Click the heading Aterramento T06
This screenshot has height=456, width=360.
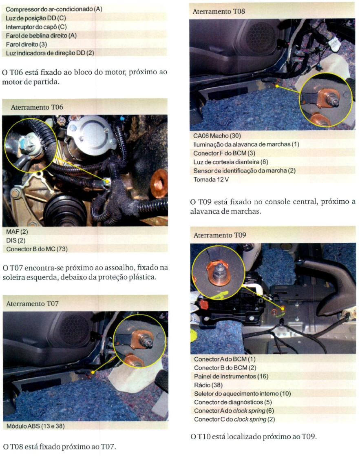coord(37,107)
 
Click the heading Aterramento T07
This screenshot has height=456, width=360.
coord(33,304)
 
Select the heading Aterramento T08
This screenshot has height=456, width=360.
coord(219,12)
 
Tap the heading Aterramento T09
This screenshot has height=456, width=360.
coord(220,235)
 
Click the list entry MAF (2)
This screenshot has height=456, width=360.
coord(17,232)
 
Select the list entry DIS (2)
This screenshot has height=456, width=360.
coord(16,241)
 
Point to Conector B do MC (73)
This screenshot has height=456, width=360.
coord(37,249)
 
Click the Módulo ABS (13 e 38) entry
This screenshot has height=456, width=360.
coord(35,426)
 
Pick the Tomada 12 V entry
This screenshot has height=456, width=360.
coord(211,179)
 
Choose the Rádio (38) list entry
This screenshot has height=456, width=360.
coord(208,385)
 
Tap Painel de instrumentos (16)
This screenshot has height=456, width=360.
coord(231,376)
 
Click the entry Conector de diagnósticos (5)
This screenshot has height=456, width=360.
coord(233,402)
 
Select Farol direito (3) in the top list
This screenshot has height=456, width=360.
coord(27,44)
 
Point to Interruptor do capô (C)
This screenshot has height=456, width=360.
coord(36,27)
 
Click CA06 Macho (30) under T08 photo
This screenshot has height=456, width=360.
coord(217,136)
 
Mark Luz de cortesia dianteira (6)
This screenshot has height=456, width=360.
coord(231,162)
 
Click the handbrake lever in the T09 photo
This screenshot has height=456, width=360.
coord(331,279)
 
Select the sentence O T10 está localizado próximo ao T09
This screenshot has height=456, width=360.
coord(254,437)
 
